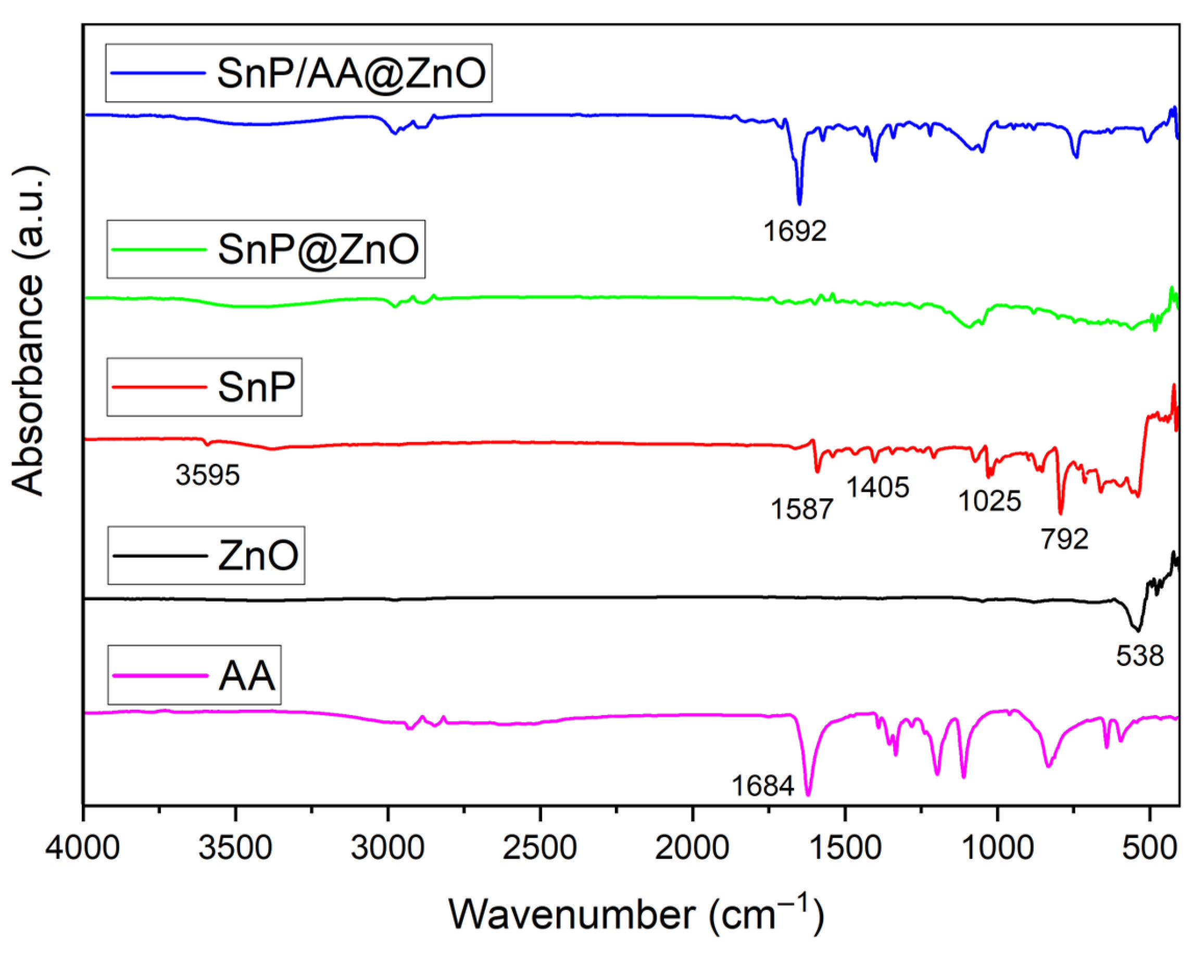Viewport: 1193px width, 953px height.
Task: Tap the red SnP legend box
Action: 204,387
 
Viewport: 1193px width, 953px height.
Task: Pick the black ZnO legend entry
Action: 206,555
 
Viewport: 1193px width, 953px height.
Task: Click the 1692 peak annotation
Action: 795,231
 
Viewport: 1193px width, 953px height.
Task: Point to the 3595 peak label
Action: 207,475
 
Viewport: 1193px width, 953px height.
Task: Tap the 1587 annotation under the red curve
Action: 802,509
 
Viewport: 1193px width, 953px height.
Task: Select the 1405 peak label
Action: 877,487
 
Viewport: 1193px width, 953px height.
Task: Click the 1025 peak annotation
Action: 989,501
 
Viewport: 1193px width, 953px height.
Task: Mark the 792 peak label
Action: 1064,539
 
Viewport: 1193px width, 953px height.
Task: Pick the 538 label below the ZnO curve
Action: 1140,656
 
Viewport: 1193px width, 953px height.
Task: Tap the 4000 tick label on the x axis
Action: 82,848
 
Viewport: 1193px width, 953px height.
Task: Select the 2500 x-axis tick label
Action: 539,848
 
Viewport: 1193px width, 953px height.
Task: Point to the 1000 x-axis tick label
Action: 997,848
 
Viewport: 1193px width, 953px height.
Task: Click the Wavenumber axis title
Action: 636,914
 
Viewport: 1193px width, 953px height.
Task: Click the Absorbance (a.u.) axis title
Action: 28,332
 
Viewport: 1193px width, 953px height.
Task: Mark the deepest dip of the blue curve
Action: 799,203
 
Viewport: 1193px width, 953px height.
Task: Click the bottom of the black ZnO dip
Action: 1138,630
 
